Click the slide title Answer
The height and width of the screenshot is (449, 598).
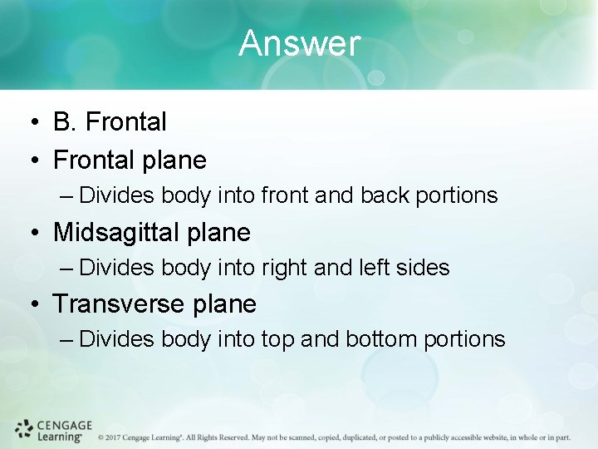click(299, 43)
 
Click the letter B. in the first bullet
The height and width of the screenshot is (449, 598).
click(66, 122)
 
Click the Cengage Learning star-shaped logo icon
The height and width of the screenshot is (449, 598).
click(23, 429)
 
